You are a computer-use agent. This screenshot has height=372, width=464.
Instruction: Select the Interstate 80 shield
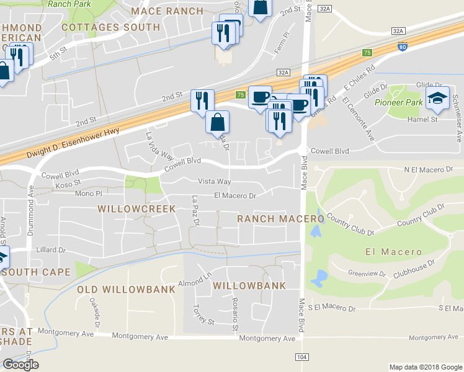click(x=403, y=46)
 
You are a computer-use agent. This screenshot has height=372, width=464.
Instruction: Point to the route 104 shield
click(x=301, y=358)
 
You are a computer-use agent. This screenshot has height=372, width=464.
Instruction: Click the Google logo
click(x=20, y=365)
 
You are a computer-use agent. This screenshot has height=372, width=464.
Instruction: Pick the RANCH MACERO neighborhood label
click(x=281, y=219)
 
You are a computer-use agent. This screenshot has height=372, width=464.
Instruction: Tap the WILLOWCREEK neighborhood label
click(x=136, y=209)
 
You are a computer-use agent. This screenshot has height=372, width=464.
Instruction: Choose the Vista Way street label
click(x=214, y=182)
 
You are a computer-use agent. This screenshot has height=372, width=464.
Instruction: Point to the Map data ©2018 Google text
click(x=425, y=366)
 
